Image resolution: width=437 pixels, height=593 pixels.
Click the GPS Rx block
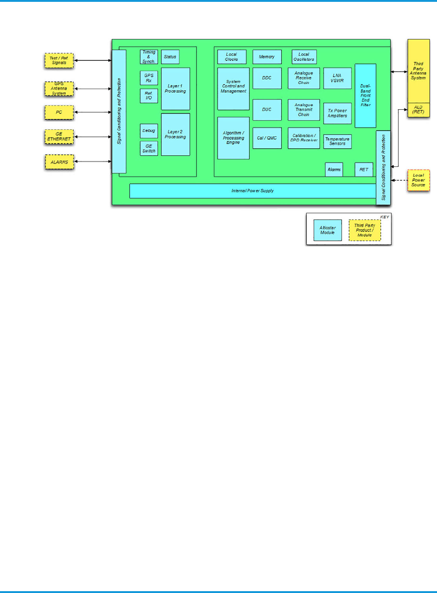(149, 78)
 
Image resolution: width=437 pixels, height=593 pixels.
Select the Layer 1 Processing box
(175, 88)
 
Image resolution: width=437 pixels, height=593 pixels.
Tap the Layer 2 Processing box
(175, 134)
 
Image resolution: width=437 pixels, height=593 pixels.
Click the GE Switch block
(149, 148)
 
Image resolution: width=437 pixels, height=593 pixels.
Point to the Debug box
(149, 131)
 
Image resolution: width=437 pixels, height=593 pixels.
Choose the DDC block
(267, 78)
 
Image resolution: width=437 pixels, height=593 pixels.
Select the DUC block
(267, 109)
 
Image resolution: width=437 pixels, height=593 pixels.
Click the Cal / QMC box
(267, 138)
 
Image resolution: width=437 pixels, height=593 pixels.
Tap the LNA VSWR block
(337, 78)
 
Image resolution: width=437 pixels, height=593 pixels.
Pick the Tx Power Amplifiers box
(337, 113)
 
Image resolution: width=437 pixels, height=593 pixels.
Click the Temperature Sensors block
(337, 141)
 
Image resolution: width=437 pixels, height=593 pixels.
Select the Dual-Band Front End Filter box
(365, 96)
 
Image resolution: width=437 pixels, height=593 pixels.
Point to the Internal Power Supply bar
(252, 191)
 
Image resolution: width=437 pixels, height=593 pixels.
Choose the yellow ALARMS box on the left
(59, 161)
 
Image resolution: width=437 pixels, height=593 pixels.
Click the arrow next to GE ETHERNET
(93, 137)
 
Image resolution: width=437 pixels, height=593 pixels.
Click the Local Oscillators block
(304, 57)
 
